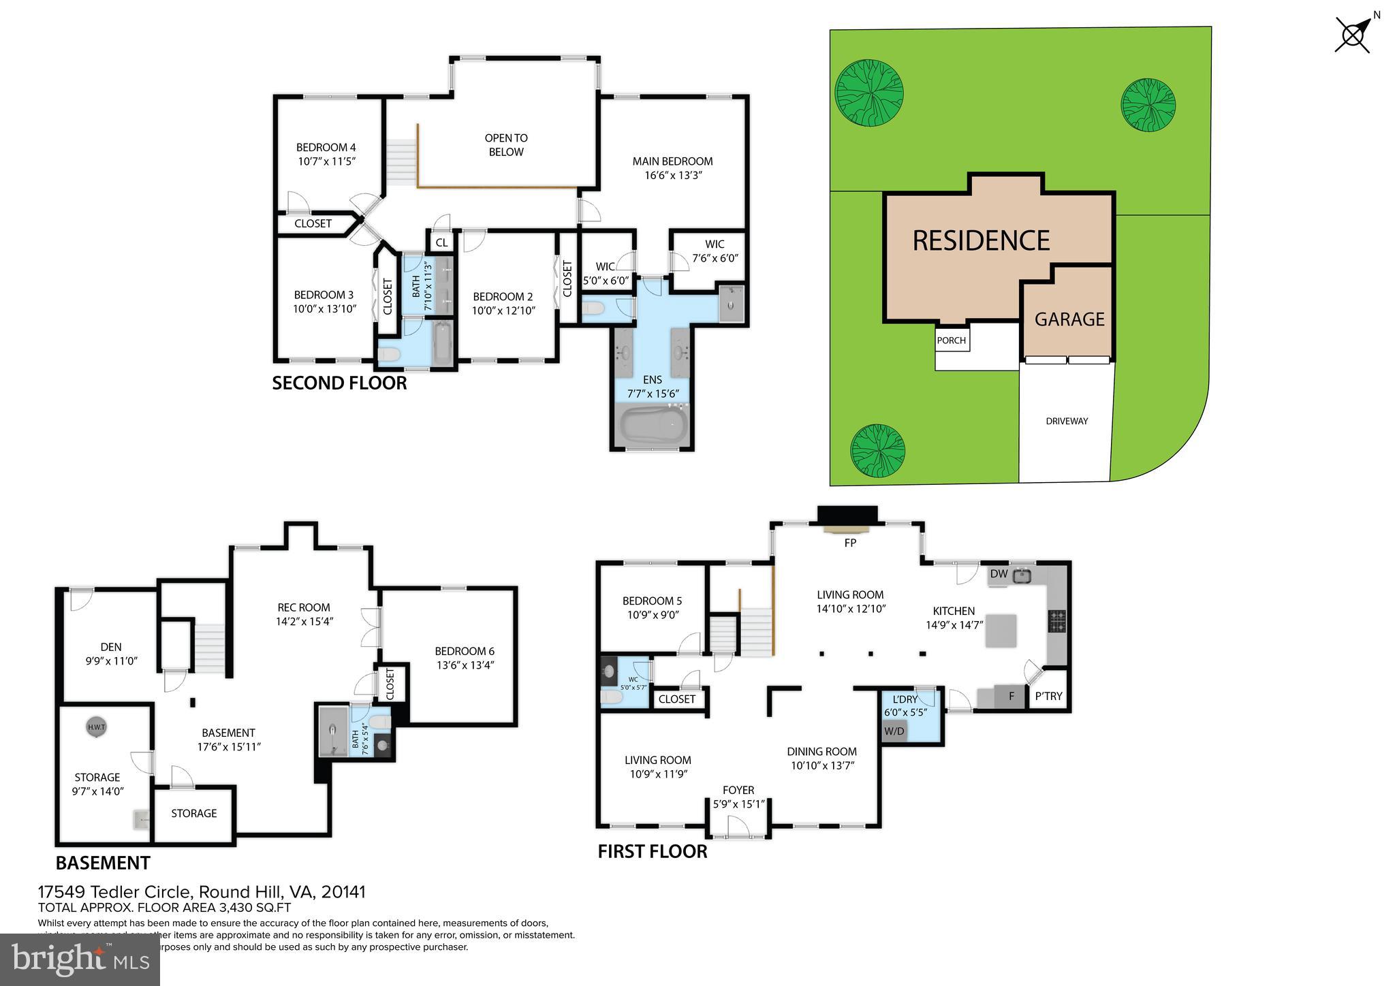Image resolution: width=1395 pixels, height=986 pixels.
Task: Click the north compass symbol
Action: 1353,34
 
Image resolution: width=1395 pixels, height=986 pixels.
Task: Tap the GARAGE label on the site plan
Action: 1069,319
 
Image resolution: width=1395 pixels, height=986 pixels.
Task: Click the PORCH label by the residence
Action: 951,340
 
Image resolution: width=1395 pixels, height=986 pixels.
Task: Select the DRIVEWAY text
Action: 1067,422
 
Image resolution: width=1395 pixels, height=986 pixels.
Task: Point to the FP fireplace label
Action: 849,543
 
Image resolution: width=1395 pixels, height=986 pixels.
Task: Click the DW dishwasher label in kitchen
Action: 999,574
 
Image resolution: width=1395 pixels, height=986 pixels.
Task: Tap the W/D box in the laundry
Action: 894,731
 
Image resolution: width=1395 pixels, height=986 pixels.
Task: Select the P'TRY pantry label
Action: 1048,696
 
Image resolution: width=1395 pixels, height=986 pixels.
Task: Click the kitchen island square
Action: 1001,630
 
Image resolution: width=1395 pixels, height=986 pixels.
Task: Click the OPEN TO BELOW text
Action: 506,145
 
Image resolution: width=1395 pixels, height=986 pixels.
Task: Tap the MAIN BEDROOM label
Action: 672,161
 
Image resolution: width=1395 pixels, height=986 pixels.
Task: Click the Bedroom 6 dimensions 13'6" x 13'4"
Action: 465,665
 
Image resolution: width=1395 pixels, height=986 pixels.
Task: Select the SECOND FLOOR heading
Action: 339,383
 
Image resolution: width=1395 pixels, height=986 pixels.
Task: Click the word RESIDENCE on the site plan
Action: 981,240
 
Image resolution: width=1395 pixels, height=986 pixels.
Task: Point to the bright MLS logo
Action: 80,960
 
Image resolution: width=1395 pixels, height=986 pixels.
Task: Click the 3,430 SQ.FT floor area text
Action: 251,908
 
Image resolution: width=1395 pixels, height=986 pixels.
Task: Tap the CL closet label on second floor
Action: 441,242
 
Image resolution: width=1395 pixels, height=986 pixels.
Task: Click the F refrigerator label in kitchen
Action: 1012,696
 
